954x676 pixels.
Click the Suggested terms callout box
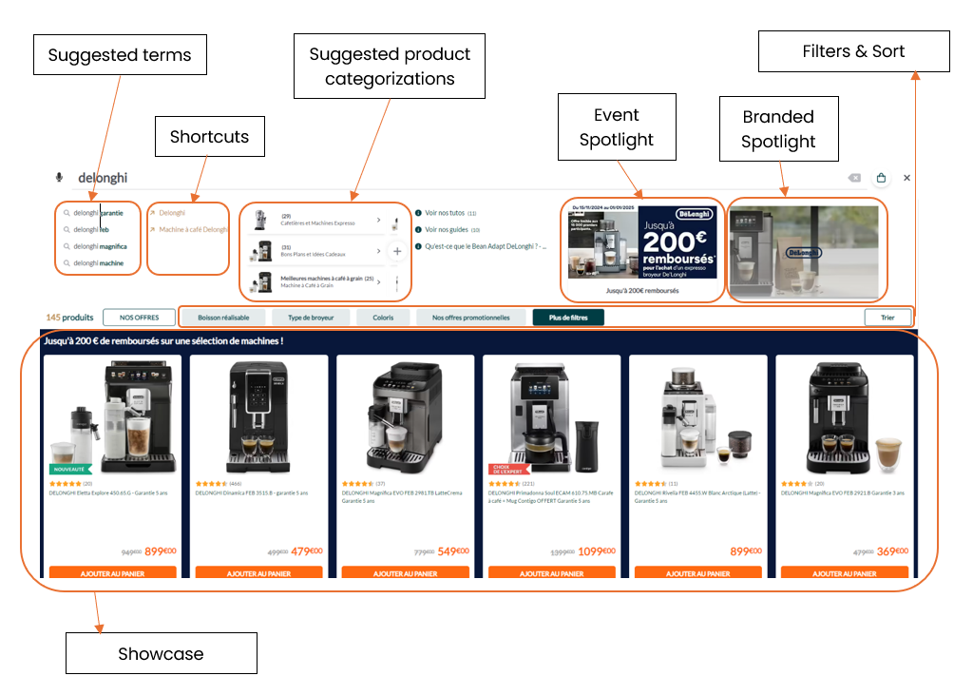pos(120,55)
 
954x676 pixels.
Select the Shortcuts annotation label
pos(209,137)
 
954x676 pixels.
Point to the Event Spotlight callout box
pos(617,127)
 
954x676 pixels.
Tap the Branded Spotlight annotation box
pos(779,129)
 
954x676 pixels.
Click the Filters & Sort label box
pos(853,51)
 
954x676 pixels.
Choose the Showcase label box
pos(161,653)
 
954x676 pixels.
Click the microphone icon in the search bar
pos(60,178)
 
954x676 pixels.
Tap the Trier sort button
pos(887,318)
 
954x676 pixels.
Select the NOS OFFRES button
pos(140,318)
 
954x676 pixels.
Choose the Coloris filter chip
pos(383,318)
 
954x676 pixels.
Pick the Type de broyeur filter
pos(311,318)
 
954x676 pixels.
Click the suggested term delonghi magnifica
pos(100,246)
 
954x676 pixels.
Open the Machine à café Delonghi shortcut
pos(193,229)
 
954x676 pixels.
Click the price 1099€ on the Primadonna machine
pos(597,551)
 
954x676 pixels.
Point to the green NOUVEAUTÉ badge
pos(68,469)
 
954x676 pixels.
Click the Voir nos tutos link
pos(445,214)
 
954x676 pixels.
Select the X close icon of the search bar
pos(906,178)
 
